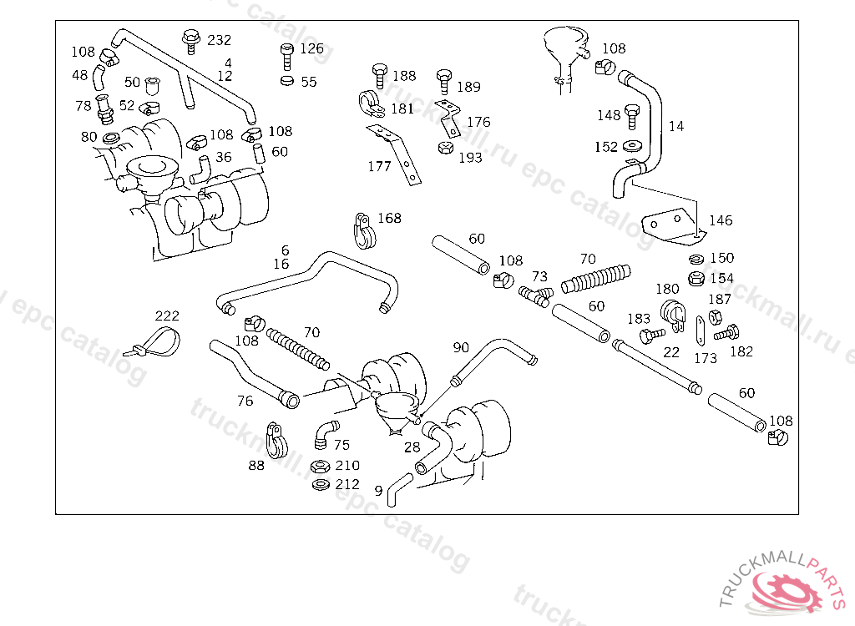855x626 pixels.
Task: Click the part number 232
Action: tap(220, 40)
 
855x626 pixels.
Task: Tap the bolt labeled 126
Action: tap(287, 56)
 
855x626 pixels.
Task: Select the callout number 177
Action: tap(379, 166)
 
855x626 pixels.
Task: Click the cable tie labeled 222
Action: tap(156, 341)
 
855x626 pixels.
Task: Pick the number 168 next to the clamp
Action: tap(389, 218)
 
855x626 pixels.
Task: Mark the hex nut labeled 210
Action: tap(320, 467)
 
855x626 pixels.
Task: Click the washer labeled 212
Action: tap(320, 484)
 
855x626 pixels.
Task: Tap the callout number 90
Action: tap(461, 347)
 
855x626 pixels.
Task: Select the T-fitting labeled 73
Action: tap(535, 295)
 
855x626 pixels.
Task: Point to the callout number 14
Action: tap(676, 126)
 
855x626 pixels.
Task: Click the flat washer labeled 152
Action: tap(633, 146)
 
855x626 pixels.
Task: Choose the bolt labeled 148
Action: tap(632, 117)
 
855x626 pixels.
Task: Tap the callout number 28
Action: tap(412, 447)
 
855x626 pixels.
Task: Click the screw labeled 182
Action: tap(727, 332)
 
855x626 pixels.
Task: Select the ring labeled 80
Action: tap(111, 138)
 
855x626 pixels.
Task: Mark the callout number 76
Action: tap(245, 401)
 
